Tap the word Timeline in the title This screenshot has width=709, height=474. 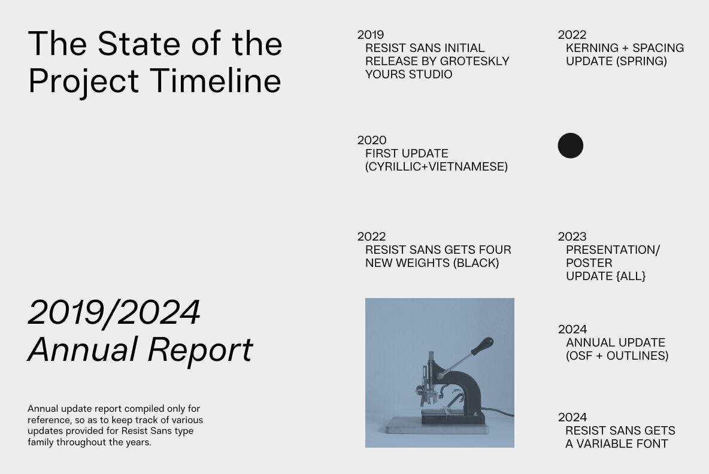(215, 81)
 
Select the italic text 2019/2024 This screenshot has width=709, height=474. (114, 312)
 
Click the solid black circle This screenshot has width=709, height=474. (570, 145)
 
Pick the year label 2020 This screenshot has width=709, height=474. (372, 140)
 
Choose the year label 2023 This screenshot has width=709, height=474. (572, 236)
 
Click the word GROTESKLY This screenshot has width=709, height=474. (468, 61)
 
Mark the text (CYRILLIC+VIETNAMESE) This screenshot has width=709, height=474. (437, 167)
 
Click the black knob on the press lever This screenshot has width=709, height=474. (483, 346)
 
